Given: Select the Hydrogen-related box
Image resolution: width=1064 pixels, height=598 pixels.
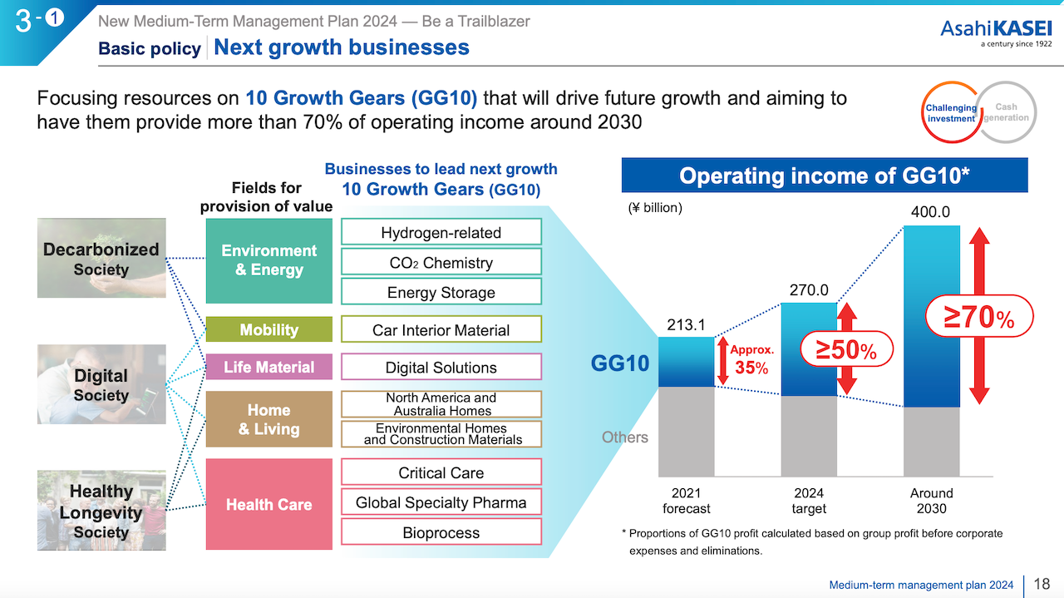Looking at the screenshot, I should tap(441, 232).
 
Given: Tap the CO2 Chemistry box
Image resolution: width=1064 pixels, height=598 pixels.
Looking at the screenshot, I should tap(441, 262).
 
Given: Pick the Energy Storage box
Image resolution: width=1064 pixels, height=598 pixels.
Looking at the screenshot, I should tap(441, 292).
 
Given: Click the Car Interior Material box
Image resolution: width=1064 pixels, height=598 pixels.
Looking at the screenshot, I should tap(441, 329).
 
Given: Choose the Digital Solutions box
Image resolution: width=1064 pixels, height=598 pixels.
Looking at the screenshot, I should tap(441, 367).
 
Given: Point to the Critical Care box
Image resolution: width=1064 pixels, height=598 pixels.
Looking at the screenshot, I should tap(441, 472).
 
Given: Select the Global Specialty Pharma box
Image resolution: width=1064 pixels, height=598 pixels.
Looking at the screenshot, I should tap(441, 502).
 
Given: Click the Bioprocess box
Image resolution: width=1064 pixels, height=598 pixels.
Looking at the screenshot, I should tap(441, 532).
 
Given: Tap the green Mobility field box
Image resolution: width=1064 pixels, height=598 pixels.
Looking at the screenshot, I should tap(268, 329).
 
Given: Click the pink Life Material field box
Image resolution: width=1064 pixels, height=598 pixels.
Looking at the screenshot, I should tap(268, 367).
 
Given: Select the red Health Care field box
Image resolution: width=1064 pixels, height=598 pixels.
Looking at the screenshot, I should tap(268, 504).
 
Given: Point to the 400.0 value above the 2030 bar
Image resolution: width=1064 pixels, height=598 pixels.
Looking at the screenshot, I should tap(930, 212).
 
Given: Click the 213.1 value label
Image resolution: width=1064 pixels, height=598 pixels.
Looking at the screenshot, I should tap(686, 324).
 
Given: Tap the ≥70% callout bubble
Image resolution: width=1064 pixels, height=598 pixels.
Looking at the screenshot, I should tap(978, 317).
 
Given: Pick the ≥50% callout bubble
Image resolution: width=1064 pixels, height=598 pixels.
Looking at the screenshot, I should tap(846, 350).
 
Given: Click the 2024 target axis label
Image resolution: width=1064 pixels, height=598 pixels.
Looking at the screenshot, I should tap(809, 501).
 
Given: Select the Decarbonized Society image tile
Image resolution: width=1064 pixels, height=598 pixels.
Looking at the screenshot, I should tap(101, 259).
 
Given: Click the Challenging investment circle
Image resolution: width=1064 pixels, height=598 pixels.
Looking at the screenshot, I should tap(951, 113).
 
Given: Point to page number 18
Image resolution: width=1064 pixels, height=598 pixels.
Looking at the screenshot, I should tap(1044, 585).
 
